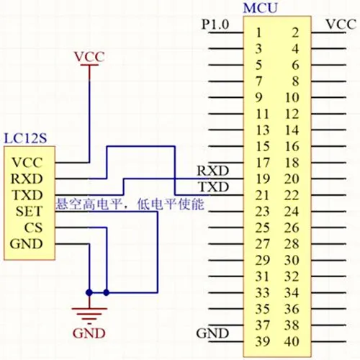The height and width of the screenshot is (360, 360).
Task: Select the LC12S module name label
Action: click(x=25, y=138)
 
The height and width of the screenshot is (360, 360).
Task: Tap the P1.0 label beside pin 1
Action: click(x=215, y=24)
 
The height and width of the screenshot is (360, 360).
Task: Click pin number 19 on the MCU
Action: click(x=263, y=179)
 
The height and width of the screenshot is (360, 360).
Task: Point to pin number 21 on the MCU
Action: click(x=262, y=195)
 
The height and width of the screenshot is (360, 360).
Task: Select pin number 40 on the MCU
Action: click(x=292, y=341)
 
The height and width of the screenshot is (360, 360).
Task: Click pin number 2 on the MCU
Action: click(x=295, y=32)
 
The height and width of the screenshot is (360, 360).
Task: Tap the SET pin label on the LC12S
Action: click(x=30, y=212)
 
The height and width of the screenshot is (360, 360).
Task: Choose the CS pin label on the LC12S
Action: click(x=33, y=228)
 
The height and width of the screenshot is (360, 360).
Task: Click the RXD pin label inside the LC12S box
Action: click(x=27, y=179)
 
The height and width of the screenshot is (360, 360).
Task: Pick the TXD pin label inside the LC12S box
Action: click(x=27, y=195)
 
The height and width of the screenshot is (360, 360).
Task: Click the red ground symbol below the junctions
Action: click(x=89, y=315)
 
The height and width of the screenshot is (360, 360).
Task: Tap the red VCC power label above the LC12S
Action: click(x=89, y=57)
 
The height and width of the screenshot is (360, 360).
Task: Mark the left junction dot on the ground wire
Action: click(x=89, y=292)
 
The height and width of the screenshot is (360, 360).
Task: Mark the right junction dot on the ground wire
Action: click(x=107, y=292)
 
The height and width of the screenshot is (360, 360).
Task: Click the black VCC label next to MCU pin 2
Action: click(x=341, y=24)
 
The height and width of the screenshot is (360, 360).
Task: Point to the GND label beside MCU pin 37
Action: click(x=212, y=333)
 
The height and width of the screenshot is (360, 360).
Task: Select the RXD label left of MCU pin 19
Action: click(x=213, y=171)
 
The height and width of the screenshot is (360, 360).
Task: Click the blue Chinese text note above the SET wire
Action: click(x=130, y=204)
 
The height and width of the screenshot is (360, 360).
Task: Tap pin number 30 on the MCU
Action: click(x=292, y=260)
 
